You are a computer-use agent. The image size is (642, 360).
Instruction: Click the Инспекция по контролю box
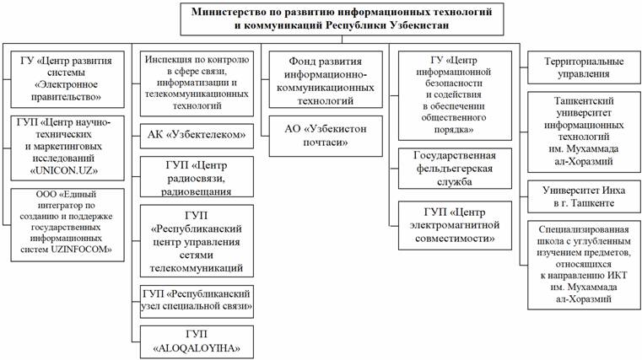point(197,84)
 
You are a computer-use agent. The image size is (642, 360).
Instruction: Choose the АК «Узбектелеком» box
point(197,133)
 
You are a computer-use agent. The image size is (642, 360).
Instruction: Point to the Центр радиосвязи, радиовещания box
point(197,175)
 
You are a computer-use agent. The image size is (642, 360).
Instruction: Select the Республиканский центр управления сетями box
point(197,240)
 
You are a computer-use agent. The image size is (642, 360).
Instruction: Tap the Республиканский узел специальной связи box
point(197,298)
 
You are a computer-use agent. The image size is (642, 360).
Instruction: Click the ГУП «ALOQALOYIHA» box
point(197,340)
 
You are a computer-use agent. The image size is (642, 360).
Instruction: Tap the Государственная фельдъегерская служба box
point(456,169)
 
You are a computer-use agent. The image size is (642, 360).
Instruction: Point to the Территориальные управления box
point(576,68)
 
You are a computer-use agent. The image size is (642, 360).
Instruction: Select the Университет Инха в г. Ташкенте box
point(576,196)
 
